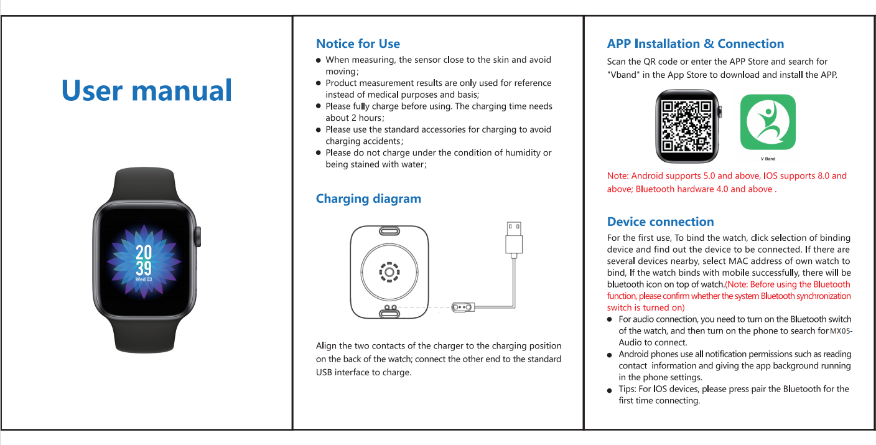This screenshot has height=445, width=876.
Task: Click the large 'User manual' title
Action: (x=147, y=91)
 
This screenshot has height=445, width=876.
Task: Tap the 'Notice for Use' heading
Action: (x=358, y=44)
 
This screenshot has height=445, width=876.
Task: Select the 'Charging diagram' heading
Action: (x=368, y=199)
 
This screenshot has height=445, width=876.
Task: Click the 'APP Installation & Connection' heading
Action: (x=695, y=44)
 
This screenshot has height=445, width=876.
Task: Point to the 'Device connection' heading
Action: (x=660, y=222)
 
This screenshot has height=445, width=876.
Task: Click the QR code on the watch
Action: (x=686, y=126)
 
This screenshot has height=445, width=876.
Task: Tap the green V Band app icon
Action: (x=768, y=121)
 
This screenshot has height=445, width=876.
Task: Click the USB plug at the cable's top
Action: (x=514, y=237)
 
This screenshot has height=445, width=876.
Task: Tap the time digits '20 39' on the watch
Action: (x=144, y=260)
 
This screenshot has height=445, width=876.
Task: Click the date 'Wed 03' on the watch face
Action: (x=144, y=279)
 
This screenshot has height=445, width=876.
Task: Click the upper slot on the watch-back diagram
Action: (x=389, y=232)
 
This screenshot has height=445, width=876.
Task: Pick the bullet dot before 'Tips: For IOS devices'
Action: (x=610, y=390)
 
